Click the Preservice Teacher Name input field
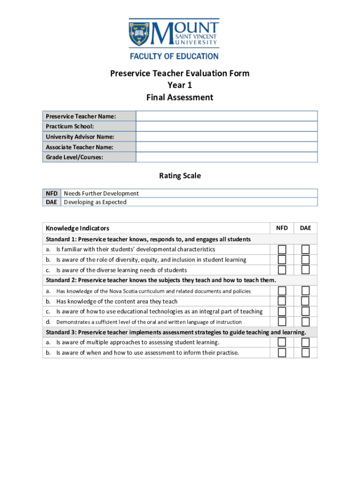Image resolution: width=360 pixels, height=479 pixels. point(226,116)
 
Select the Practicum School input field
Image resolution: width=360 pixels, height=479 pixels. point(226,126)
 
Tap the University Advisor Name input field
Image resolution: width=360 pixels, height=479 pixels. point(226,137)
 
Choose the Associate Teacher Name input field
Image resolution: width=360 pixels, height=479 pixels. point(226,147)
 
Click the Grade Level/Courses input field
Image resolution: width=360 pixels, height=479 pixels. point(226,157)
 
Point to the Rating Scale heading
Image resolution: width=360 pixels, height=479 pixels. point(180,176)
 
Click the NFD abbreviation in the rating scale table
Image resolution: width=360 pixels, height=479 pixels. point(52,193)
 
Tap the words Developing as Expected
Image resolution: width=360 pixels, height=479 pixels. point(95,202)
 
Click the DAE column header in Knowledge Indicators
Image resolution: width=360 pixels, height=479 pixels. point(305,228)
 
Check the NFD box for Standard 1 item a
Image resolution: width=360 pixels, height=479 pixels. point(282,249)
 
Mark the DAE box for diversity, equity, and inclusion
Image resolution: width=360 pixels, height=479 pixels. point(305,260)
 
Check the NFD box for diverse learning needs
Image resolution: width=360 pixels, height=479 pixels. point(282,270)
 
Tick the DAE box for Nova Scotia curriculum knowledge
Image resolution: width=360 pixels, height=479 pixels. point(305,291)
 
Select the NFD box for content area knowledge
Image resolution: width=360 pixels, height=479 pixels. point(282,301)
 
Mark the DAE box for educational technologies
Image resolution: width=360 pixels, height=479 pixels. point(305,312)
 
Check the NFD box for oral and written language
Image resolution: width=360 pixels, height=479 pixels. point(282,322)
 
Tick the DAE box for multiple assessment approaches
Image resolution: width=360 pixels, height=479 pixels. point(305,342)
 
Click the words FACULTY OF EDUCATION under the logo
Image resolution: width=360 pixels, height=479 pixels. point(174,56)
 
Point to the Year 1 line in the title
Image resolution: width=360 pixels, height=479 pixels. point(180,85)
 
